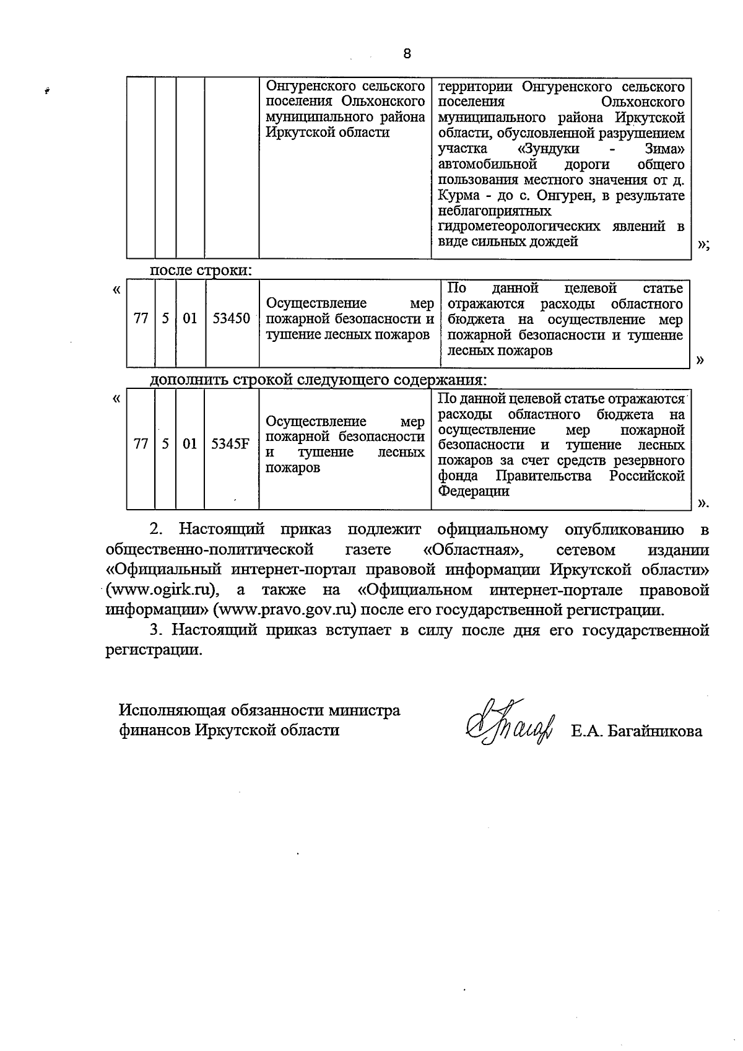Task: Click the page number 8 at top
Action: click(x=407, y=54)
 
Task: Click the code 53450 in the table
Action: click(x=231, y=318)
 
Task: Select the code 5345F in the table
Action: click(x=230, y=444)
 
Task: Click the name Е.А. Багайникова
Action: click(x=637, y=731)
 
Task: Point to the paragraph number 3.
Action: click(x=155, y=630)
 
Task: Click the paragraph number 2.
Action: click(x=155, y=530)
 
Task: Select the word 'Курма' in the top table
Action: click(x=458, y=196)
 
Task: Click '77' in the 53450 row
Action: click(x=141, y=318)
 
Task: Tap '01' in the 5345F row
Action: click(x=189, y=444)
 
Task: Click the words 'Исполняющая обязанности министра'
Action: click(x=259, y=710)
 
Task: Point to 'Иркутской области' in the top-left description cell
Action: click(x=328, y=133)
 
